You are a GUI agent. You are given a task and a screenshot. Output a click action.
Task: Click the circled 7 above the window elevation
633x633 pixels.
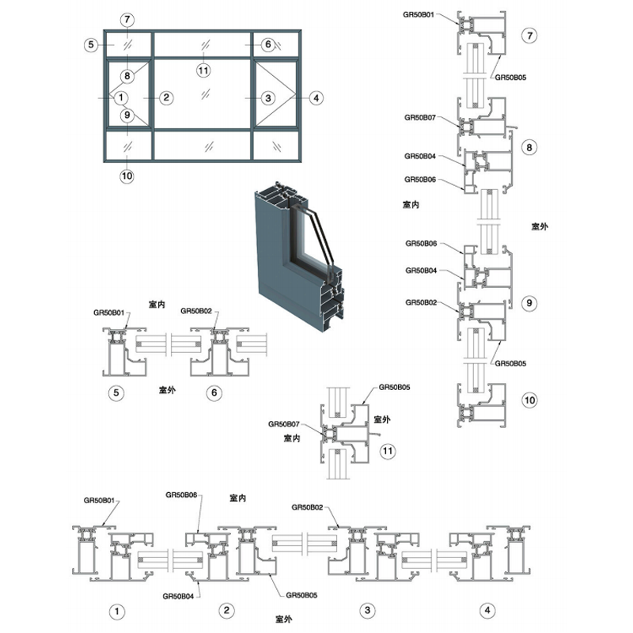click(x=127, y=19)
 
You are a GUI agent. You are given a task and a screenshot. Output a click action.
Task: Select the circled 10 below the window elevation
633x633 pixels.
click(x=127, y=176)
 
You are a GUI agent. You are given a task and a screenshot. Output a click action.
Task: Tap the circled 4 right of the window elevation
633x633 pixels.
click(x=316, y=97)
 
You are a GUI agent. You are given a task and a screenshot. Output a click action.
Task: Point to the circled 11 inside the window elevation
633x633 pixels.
click(x=203, y=71)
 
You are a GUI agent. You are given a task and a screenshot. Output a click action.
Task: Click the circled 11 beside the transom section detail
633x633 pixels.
click(x=388, y=450)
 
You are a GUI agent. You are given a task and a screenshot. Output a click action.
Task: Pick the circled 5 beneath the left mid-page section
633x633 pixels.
click(x=116, y=392)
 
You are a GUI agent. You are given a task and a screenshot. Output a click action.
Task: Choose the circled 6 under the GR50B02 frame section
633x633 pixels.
click(x=214, y=392)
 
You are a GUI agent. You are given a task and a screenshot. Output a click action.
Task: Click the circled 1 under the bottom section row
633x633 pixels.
click(x=117, y=611)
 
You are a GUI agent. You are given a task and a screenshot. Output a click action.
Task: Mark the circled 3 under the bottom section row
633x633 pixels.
click(x=367, y=609)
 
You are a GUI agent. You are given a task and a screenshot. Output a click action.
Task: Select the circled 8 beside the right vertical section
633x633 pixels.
click(x=529, y=147)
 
